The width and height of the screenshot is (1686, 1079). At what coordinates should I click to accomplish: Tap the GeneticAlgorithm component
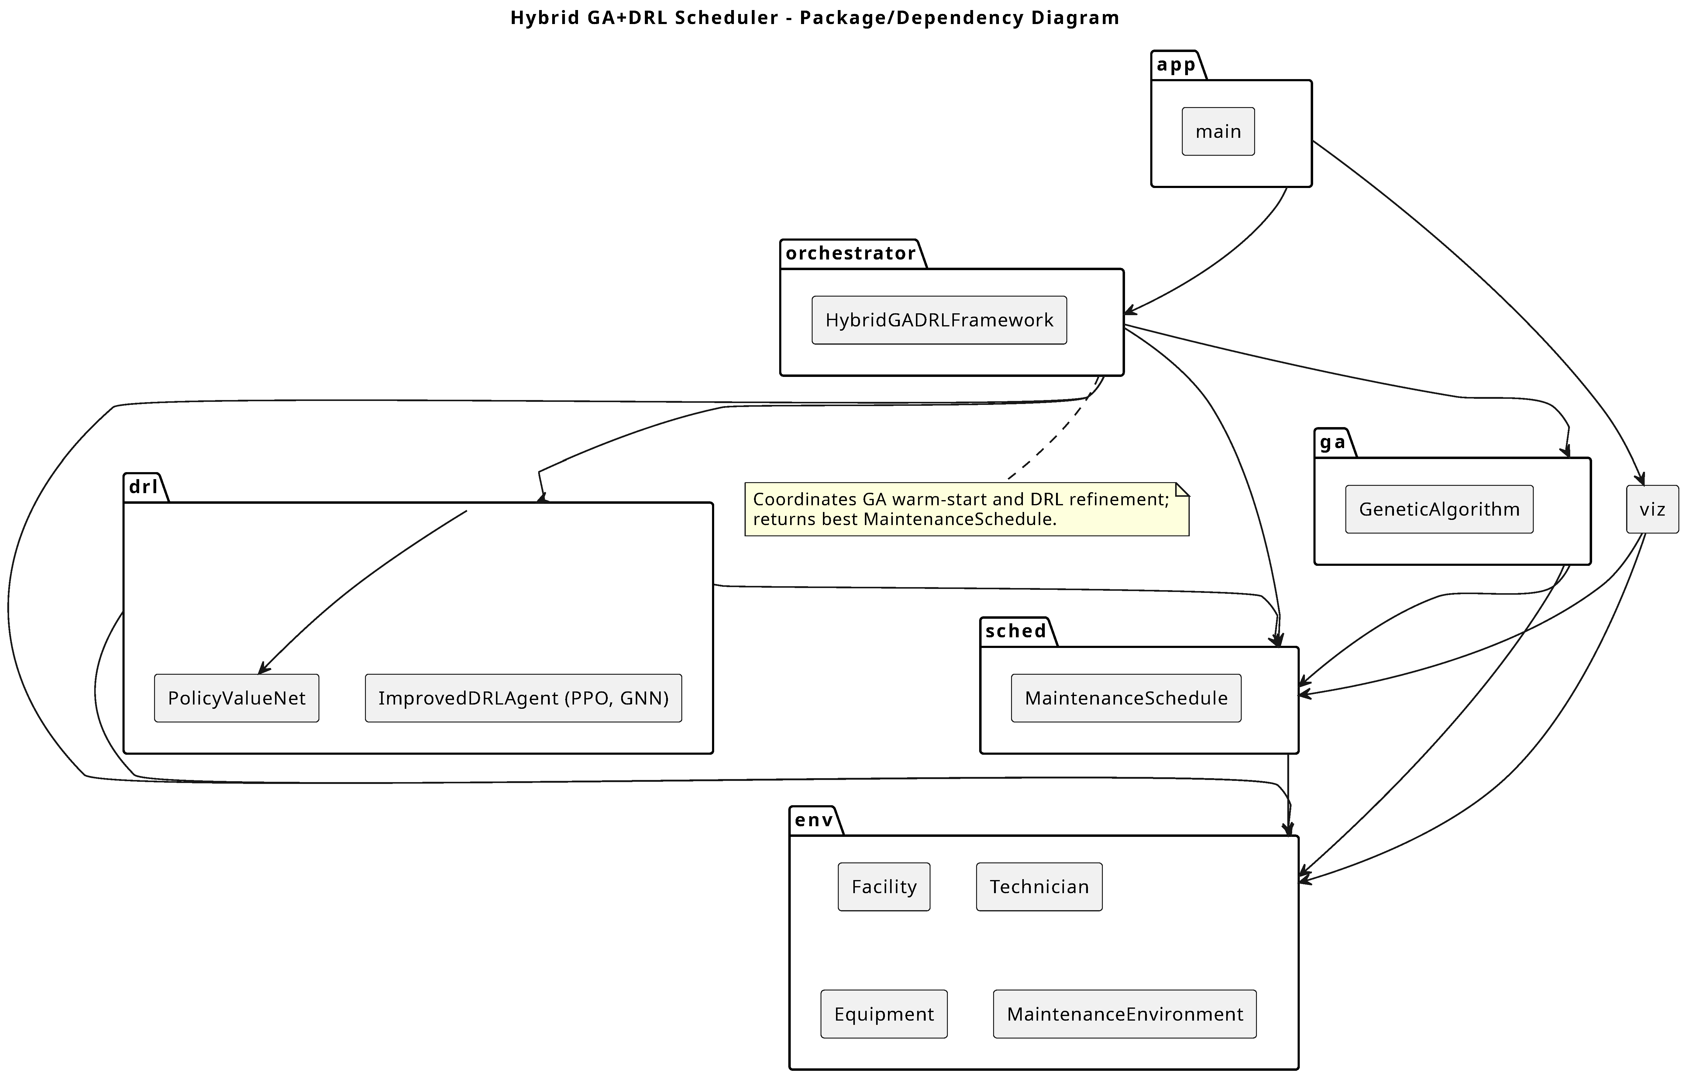click(x=1439, y=509)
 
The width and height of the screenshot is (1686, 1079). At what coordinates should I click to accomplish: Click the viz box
click(x=1652, y=509)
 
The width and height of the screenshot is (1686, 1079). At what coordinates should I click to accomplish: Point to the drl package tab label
click(x=143, y=487)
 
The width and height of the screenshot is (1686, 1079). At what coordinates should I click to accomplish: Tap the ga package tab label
click(x=1332, y=443)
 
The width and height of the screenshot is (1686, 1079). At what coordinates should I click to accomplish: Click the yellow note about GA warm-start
click(x=966, y=509)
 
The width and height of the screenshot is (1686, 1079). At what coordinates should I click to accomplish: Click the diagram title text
click(x=814, y=18)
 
